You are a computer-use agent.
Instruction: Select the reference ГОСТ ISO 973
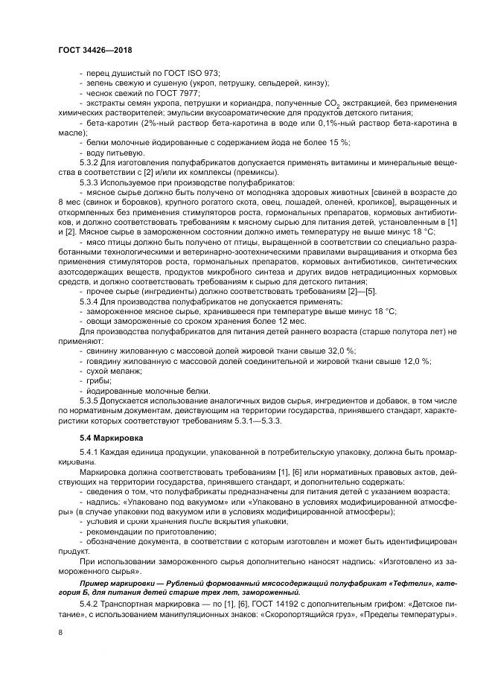196,73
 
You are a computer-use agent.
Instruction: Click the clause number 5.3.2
92,162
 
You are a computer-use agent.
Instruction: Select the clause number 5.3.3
92,182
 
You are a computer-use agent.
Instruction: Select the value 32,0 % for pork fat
340,350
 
